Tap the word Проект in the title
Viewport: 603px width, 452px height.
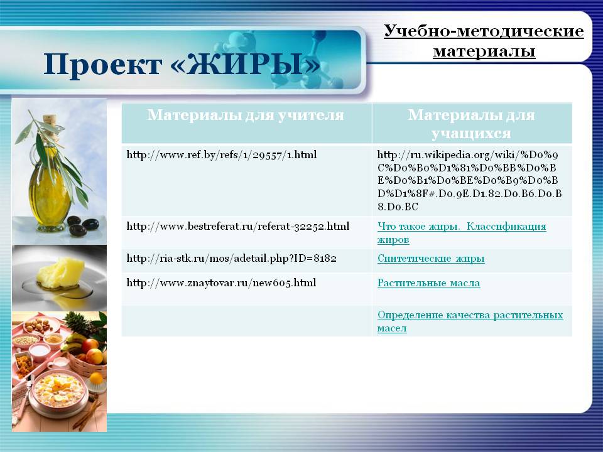pyautogui.click(x=102, y=65)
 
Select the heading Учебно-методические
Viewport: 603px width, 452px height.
pyautogui.click(x=484, y=31)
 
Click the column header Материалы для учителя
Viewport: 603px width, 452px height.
pyautogui.click(x=246, y=114)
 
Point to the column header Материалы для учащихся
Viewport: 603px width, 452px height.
pyautogui.click(x=472, y=124)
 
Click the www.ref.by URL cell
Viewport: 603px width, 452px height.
pyautogui.click(x=222, y=155)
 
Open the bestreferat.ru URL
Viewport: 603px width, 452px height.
pyautogui.click(x=238, y=226)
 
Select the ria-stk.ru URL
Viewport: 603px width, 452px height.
pyautogui.click(x=232, y=258)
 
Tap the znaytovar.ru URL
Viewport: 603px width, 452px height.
pyautogui.click(x=222, y=283)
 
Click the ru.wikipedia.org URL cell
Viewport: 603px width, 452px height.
pyautogui.click(x=469, y=181)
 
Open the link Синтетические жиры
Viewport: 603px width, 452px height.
pyautogui.click(x=431, y=258)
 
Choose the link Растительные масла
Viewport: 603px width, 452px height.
pyautogui.click(x=429, y=283)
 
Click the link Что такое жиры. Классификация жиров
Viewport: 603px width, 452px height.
pyautogui.click(x=462, y=233)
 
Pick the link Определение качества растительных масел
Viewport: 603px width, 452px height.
pyautogui.click(x=470, y=321)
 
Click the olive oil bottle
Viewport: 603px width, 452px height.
pyautogui.click(x=49, y=181)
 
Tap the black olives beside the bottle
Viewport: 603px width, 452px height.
pyautogui.click(x=82, y=226)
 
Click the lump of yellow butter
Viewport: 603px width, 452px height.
pyautogui.click(x=60, y=272)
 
